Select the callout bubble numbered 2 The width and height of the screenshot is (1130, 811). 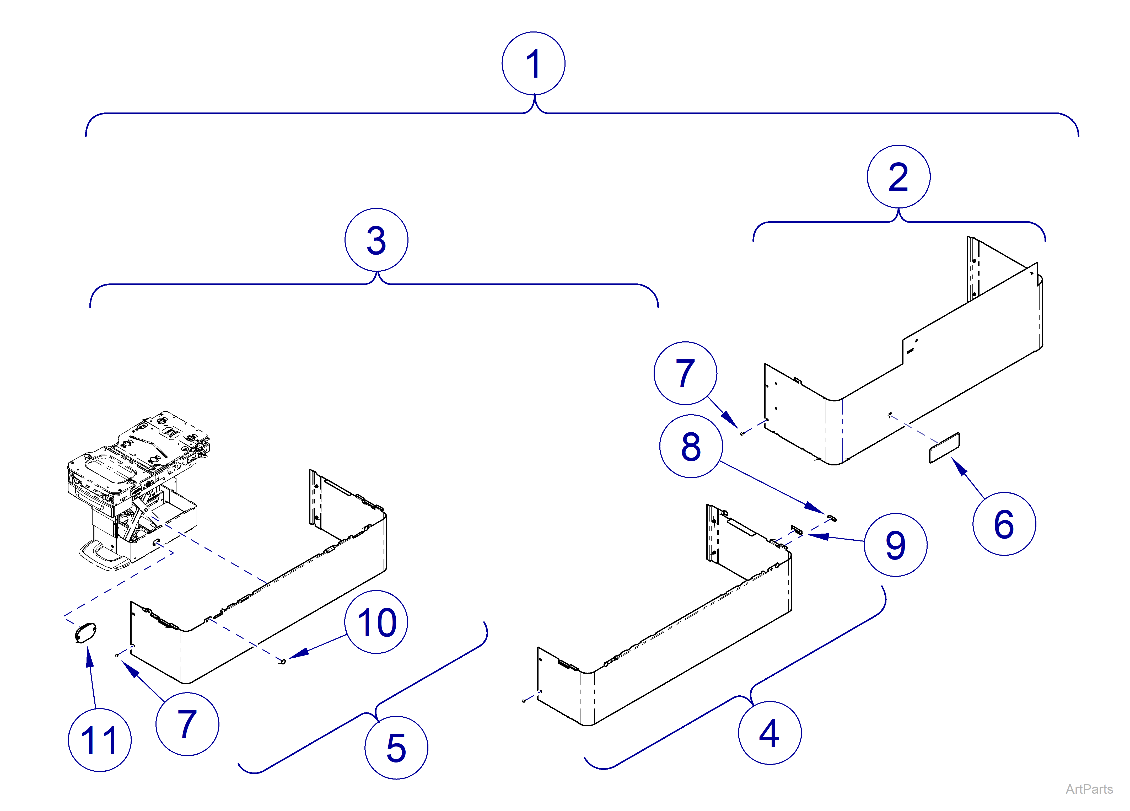[x=898, y=176]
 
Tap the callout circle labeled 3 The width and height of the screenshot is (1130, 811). [x=376, y=240]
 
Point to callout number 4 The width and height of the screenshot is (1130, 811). [x=769, y=733]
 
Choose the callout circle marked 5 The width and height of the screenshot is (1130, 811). [x=396, y=747]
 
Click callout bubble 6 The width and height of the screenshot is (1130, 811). [x=1004, y=524]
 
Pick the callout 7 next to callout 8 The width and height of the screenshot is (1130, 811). [x=685, y=373]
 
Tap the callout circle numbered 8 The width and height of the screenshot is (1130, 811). [x=691, y=446]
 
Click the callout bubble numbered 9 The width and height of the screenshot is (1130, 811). [x=895, y=545]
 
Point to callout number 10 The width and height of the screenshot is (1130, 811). [x=376, y=622]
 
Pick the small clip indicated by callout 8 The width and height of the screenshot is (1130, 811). [x=832, y=518]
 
